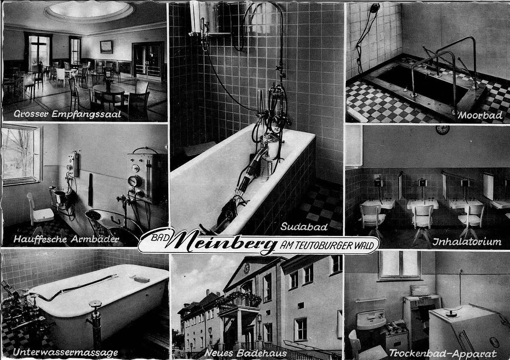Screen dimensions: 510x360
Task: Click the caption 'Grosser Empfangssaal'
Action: point(67,114)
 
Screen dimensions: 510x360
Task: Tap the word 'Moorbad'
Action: point(480,116)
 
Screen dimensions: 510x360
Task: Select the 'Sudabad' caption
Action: point(304,227)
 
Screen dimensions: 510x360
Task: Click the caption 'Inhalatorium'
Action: point(467,241)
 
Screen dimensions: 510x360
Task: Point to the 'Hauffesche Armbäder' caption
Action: point(66,239)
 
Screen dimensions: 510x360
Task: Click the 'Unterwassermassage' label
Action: point(65,352)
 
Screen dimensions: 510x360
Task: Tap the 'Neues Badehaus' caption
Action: point(246,353)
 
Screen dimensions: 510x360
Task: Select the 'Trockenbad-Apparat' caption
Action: point(442,353)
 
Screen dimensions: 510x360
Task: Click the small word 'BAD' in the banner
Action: point(160,238)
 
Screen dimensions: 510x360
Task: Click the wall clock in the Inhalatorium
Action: point(442,130)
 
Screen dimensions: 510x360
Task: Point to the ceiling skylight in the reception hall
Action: point(89,10)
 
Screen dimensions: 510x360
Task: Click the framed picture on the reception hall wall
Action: point(106,47)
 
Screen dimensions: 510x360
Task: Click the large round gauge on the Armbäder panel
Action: point(135,181)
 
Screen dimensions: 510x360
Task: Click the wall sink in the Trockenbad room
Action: point(371,319)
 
